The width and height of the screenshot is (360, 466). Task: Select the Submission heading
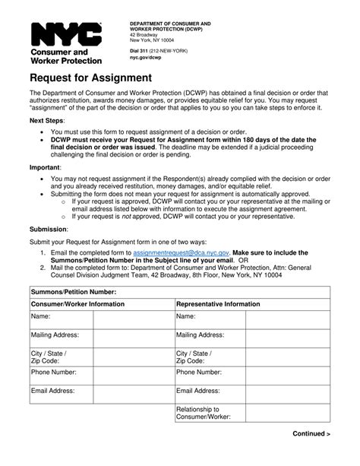[49, 228]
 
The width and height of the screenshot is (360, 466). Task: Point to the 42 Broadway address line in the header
[144, 35]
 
